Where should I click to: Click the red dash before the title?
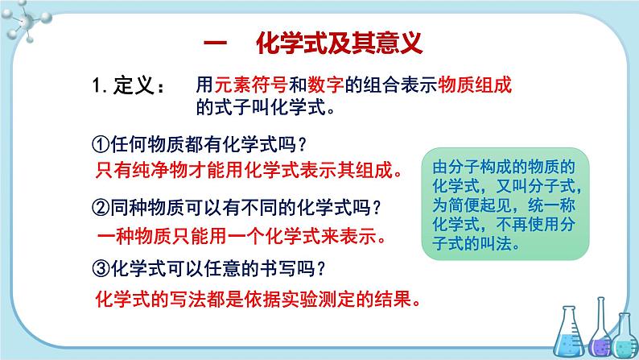[x=215, y=43]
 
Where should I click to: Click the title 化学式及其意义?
[x=339, y=43]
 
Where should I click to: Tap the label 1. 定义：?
[x=129, y=85]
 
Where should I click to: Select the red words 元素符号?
[x=251, y=85]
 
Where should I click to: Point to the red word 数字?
[x=326, y=85]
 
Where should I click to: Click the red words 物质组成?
[x=475, y=85]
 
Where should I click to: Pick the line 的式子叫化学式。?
[x=266, y=107]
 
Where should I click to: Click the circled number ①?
[x=101, y=144]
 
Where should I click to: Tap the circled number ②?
[x=101, y=208]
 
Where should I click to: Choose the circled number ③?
[x=101, y=269]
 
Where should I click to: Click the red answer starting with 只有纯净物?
[x=249, y=170]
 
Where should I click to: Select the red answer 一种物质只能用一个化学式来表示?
[x=241, y=236]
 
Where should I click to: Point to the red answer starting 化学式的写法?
[x=258, y=300]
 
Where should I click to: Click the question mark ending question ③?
[x=321, y=269]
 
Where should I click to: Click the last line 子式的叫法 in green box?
[x=476, y=244]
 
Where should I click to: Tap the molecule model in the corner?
[x=25, y=21]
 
